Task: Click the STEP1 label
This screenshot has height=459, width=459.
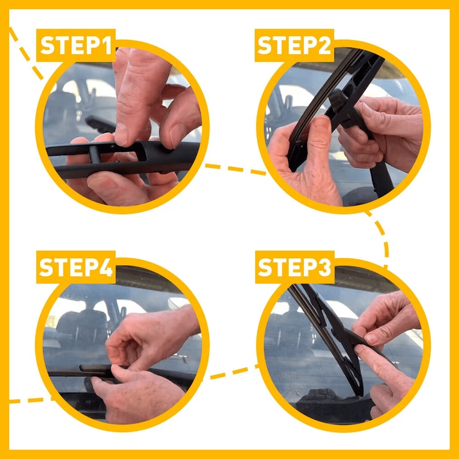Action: click(x=76, y=46)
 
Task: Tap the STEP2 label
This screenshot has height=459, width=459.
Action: click(x=295, y=46)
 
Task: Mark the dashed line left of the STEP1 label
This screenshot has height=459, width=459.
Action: click(x=26, y=52)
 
